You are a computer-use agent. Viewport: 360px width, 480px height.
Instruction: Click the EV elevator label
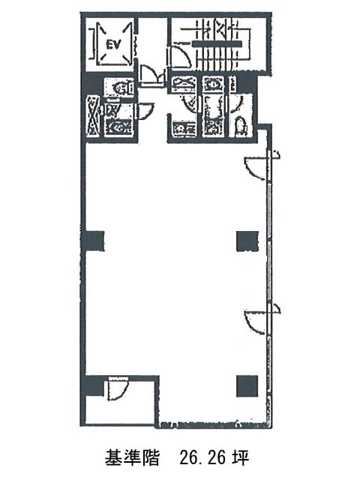(x=112, y=45)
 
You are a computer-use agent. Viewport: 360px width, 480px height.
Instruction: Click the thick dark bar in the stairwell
(x=217, y=43)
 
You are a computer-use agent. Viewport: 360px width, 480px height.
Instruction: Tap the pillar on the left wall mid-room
(x=94, y=241)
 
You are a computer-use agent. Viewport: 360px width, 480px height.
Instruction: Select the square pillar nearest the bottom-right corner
(x=247, y=385)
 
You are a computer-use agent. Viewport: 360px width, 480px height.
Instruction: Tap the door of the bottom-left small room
(x=118, y=388)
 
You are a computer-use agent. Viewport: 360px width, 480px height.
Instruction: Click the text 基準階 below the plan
(x=132, y=457)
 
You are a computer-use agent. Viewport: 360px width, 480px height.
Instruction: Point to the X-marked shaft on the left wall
(x=93, y=115)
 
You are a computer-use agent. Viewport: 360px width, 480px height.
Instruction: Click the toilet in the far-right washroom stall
(x=240, y=127)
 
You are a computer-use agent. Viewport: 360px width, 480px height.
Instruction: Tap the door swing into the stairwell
(x=179, y=57)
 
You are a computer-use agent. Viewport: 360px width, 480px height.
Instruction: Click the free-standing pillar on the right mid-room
(x=247, y=241)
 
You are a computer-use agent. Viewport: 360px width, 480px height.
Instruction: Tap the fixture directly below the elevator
(x=120, y=87)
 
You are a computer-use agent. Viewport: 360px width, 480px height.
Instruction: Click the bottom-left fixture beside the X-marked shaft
(x=118, y=127)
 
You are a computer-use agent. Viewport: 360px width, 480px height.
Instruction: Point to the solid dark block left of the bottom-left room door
(x=94, y=385)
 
